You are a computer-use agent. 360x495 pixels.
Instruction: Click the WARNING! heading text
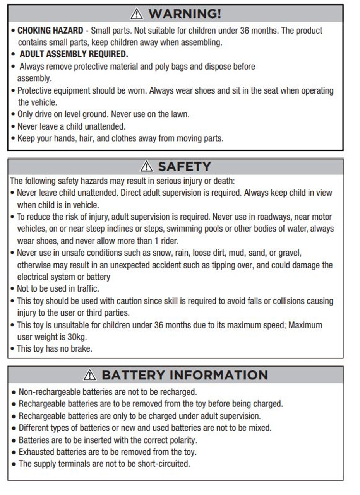pos(185,14)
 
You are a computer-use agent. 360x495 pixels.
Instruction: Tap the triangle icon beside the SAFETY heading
pos(147,167)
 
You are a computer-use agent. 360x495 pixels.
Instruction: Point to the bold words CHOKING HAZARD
pos(50,31)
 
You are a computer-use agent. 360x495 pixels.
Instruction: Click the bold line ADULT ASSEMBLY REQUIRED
pos(74,54)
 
